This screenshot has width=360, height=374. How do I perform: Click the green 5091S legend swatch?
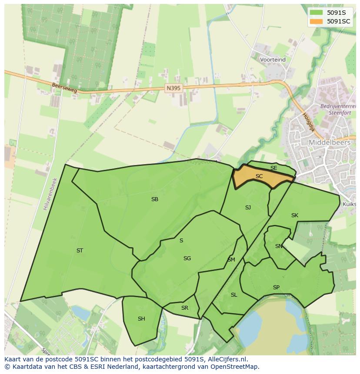(x=317, y=13)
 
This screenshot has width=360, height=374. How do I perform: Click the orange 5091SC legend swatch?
(x=317, y=21)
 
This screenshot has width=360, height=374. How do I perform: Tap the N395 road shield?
(x=173, y=88)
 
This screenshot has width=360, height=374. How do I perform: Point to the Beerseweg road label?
(x=64, y=88)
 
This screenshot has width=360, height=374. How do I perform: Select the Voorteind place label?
(x=273, y=60)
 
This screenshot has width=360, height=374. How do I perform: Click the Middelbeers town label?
(x=329, y=142)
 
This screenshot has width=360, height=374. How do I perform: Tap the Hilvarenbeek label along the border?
(x=50, y=194)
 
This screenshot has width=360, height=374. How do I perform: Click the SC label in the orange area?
(x=259, y=176)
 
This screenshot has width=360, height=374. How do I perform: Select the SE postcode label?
(x=273, y=168)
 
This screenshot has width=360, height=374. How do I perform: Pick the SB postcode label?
(x=154, y=199)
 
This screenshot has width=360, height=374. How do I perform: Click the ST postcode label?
(x=80, y=251)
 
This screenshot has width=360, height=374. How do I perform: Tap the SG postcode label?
(x=187, y=258)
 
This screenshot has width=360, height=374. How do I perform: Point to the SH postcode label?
(x=141, y=319)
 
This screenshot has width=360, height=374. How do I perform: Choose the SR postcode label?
(x=185, y=308)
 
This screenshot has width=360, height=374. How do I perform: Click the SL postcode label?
(x=234, y=295)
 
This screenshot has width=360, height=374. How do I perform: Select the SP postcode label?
(x=276, y=288)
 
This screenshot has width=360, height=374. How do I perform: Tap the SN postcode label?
(x=279, y=246)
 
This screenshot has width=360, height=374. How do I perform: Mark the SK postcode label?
(x=295, y=215)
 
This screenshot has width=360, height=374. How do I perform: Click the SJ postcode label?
(x=248, y=208)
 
